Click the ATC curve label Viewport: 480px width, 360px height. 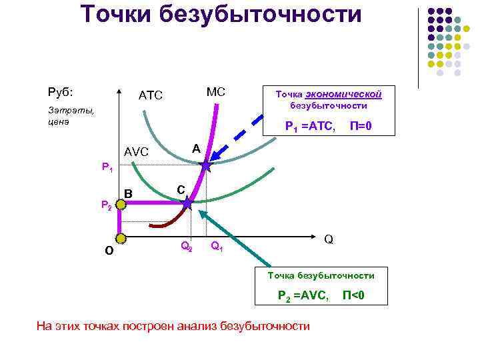pyautogui.click(x=150, y=96)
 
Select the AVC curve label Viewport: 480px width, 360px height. pyautogui.click(x=138, y=153)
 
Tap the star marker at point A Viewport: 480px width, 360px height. pyautogui.click(x=205, y=166)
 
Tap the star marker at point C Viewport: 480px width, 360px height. pyautogui.click(x=187, y=203)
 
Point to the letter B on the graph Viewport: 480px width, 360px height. pyautogui.click(x=129, y=193)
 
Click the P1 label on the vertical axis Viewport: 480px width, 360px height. pyautogui.click(x=107, y=167)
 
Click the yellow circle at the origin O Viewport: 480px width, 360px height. pyautogui.click(x=120, y=238)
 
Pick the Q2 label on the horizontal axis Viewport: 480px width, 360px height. pyautogui.click(x=187, y=246)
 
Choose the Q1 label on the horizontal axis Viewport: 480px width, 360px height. pyautogui.click(x=217, y=247)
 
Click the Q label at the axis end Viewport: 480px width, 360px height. pyautogui.click(x=329, y=239)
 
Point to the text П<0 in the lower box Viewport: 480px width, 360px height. pyautogui.click(x=353, y=295)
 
